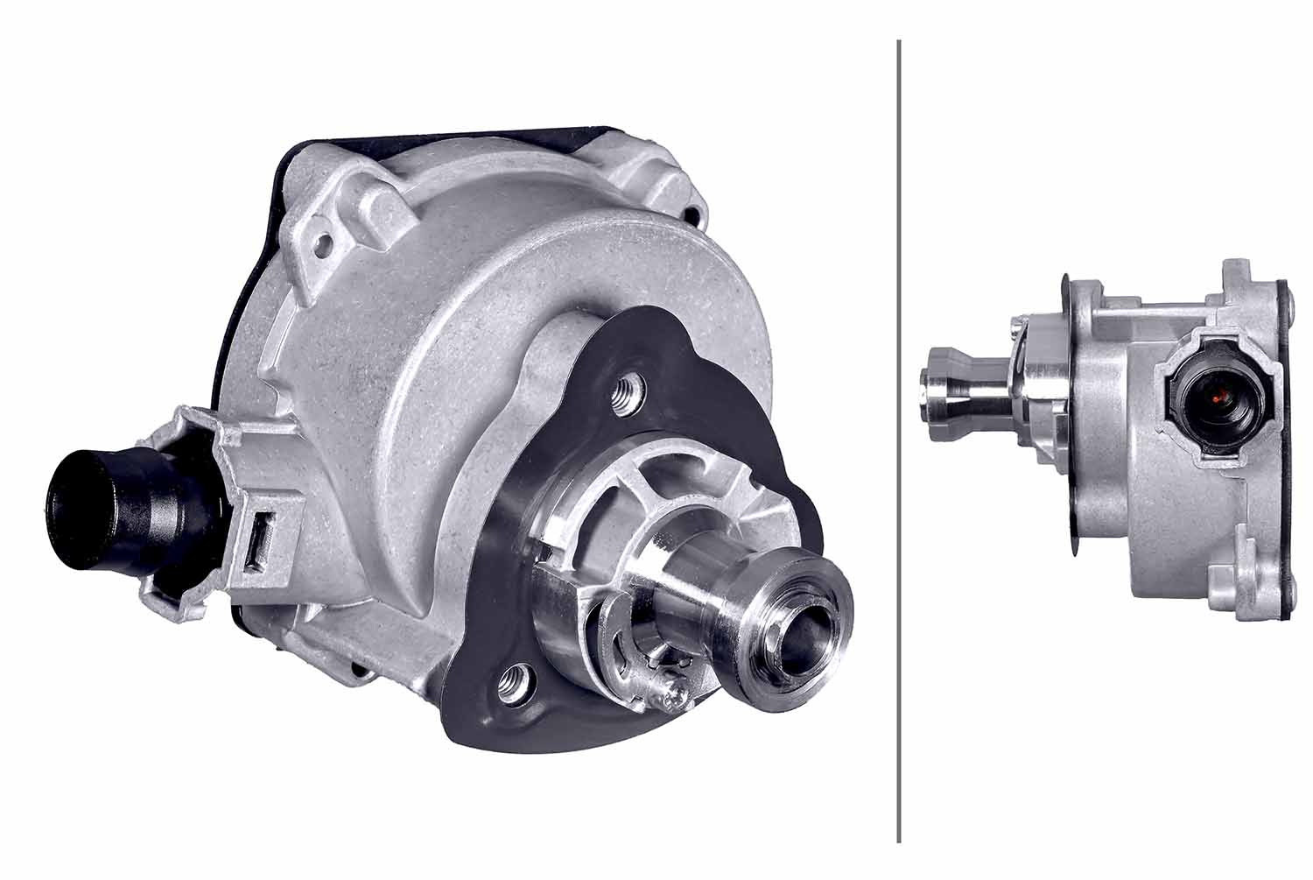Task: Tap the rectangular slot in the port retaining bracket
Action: click(259, 542)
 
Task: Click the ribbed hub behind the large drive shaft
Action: click(665, 517)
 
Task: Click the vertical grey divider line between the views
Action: click(899, 438)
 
